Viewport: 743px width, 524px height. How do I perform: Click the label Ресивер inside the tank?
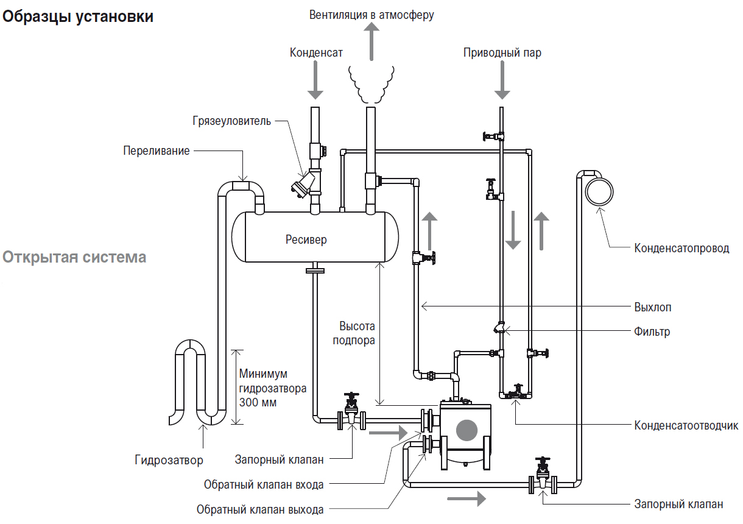[x=306, y=239]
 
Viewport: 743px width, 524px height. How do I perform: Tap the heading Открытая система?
[x=74, y=257]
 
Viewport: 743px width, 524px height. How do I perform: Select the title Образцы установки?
[x=78, y=17]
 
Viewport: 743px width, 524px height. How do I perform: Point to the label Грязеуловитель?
[x=231, y=121]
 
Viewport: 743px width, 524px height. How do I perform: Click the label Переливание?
[x=157, y=151]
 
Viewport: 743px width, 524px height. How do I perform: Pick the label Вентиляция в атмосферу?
[x=371, y=15]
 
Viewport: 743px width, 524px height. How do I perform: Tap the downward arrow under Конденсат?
[x=315, y=80]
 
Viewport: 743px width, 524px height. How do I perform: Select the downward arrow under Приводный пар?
[x=502, y=80]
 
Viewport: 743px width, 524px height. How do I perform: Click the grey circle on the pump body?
[x=467, y=430]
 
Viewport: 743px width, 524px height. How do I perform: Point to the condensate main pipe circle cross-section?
[x=599, y=192]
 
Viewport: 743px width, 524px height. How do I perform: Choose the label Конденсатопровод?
[x=681, y=248]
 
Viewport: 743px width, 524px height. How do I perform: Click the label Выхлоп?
[x=653, y=307]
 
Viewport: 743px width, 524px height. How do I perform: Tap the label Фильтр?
[x=652, y=332]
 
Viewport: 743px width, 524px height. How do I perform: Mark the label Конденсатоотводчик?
[x=686, y=425]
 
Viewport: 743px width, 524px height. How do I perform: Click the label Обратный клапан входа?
[x=264, y=485]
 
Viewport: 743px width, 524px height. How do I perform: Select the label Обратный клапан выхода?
[x=260, y=509]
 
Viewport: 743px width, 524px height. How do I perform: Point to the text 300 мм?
[x=258, y=403]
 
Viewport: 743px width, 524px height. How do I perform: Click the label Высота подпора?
[x=354, y=333]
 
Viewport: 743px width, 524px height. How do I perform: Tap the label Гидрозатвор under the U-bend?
[x=169, y=460]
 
